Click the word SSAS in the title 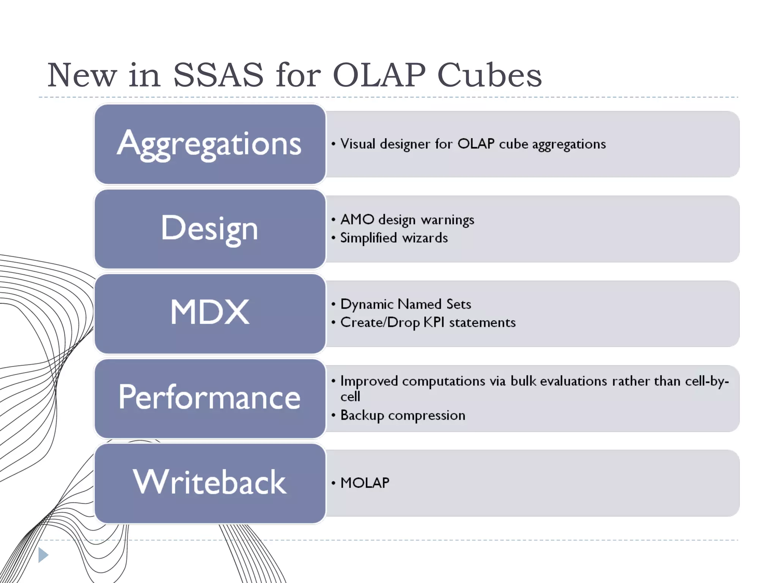218,75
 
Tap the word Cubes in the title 489,75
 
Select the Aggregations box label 209,144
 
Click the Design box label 209,228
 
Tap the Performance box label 209,397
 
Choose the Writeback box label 209,482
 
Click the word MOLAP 365,483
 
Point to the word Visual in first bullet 358,144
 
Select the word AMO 357,220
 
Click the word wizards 425,238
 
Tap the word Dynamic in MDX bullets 367,304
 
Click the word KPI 434,323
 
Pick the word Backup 362,416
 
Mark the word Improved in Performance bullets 369,381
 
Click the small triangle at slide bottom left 43,555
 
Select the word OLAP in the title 379,75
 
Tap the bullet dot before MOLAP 333,483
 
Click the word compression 426,416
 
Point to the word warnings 447,220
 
